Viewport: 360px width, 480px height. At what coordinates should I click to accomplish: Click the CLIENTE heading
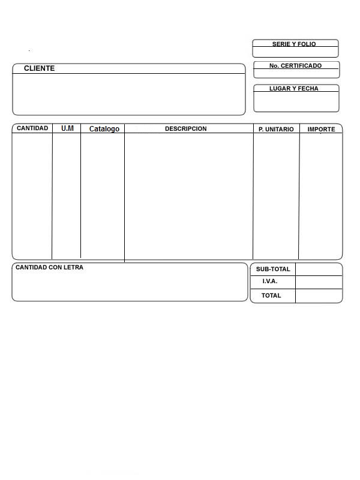tap(39, 68)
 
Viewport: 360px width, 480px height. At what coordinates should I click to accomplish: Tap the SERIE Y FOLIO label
tap(294, 44)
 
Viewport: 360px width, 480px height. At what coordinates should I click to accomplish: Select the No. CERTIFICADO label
tap(295, 65)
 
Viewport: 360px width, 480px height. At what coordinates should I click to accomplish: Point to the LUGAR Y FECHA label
tap(294, 88)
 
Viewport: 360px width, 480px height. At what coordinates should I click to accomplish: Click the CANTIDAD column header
tap(32, 128)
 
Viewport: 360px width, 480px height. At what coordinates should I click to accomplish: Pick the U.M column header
tap(67, 128)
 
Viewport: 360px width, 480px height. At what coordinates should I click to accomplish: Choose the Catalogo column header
tap(104, 129)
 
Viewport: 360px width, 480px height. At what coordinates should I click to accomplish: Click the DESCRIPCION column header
tap(185, 128)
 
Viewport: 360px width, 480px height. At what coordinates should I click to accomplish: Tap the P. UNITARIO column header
tap(276, 129)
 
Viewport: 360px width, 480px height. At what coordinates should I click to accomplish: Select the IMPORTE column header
tap(321, 129)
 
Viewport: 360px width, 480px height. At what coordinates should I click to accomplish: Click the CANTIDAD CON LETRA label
tap(49, 267)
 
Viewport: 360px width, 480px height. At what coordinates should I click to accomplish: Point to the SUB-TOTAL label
tap(273, 269)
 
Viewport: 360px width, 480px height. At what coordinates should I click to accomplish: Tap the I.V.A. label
tap(270, 281)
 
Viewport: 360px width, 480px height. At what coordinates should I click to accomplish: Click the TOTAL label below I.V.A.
tap(271, 295)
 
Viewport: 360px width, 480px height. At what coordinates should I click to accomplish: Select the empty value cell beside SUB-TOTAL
tap(319, 269)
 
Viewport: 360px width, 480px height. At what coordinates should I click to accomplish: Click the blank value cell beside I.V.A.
tap(319, 282)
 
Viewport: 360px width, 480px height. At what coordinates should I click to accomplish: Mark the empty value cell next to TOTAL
tap(319, 296)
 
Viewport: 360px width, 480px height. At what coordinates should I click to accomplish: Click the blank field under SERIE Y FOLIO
tap(295, 52)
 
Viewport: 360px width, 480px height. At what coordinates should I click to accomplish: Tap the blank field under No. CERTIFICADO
tap(296, 73)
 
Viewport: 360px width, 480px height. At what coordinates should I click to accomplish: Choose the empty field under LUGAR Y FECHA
tap(296, 101)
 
